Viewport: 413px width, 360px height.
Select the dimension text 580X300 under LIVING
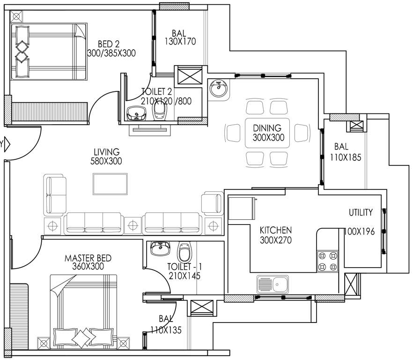click(x=106, y=161)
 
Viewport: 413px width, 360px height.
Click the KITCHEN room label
click(x=276, y=230)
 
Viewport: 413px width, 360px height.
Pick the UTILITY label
click(x=361, y=212)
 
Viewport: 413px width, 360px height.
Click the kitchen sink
click(x=273, y=284)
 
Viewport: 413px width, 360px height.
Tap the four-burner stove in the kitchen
click(x=328, y=261)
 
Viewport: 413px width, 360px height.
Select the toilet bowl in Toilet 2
click(x=160, y=112)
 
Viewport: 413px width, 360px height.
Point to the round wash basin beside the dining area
click(x=218, y=88)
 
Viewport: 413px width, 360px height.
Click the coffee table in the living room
click(x=110, y=184)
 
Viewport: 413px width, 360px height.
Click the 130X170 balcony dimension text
click(x=179, y=41)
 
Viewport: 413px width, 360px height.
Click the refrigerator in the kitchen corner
click(x=241, y=208)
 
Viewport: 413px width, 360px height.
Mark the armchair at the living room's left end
click(x=54, y=194)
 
